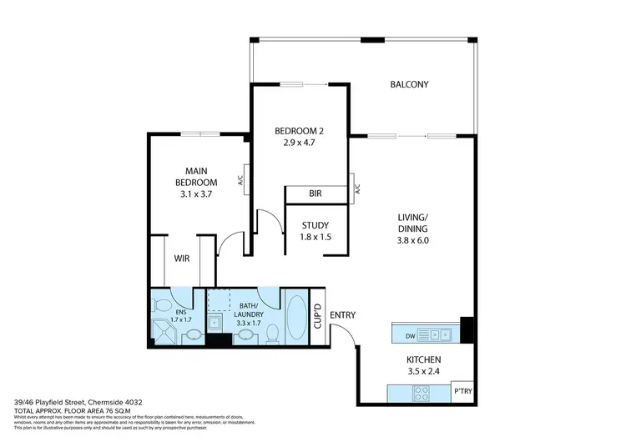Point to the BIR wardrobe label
[x=316, y=193]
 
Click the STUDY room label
[x=315, y=225]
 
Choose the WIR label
[x=182, y=259]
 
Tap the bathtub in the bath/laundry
[x=295, y=317]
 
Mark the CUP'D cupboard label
[x=317, y=316]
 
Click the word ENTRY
[x=342, y=315]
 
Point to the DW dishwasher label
[x=408, y=335]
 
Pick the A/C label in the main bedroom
[x=240, y=178]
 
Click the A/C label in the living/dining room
[x=356, y=188]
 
